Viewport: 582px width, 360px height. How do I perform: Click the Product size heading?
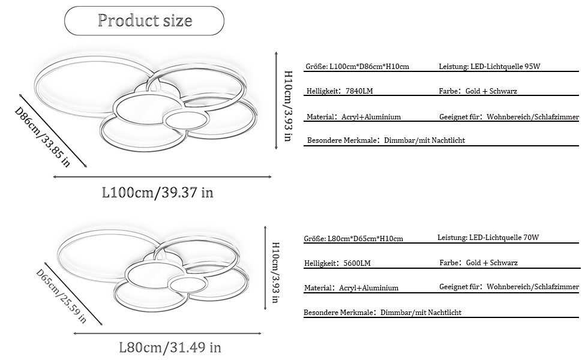pyautogui.click(x=145, y=21)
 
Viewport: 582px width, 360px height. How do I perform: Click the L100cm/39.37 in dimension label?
pyautogui.click(x=158, y=193)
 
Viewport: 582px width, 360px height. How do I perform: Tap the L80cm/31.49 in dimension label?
pyautogui.click(x=170, y=347)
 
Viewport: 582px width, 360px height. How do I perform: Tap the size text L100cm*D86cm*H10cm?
pyautogui.click(x=370, y=67)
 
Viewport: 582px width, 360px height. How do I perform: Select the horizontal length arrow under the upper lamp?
pyautogui.click(x=162, y=177)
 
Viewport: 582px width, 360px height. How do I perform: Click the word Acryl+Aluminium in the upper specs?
pyautogui.click(x=372, y=117)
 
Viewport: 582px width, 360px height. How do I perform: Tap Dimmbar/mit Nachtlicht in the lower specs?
pyautogui.click(x=421, y=313)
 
